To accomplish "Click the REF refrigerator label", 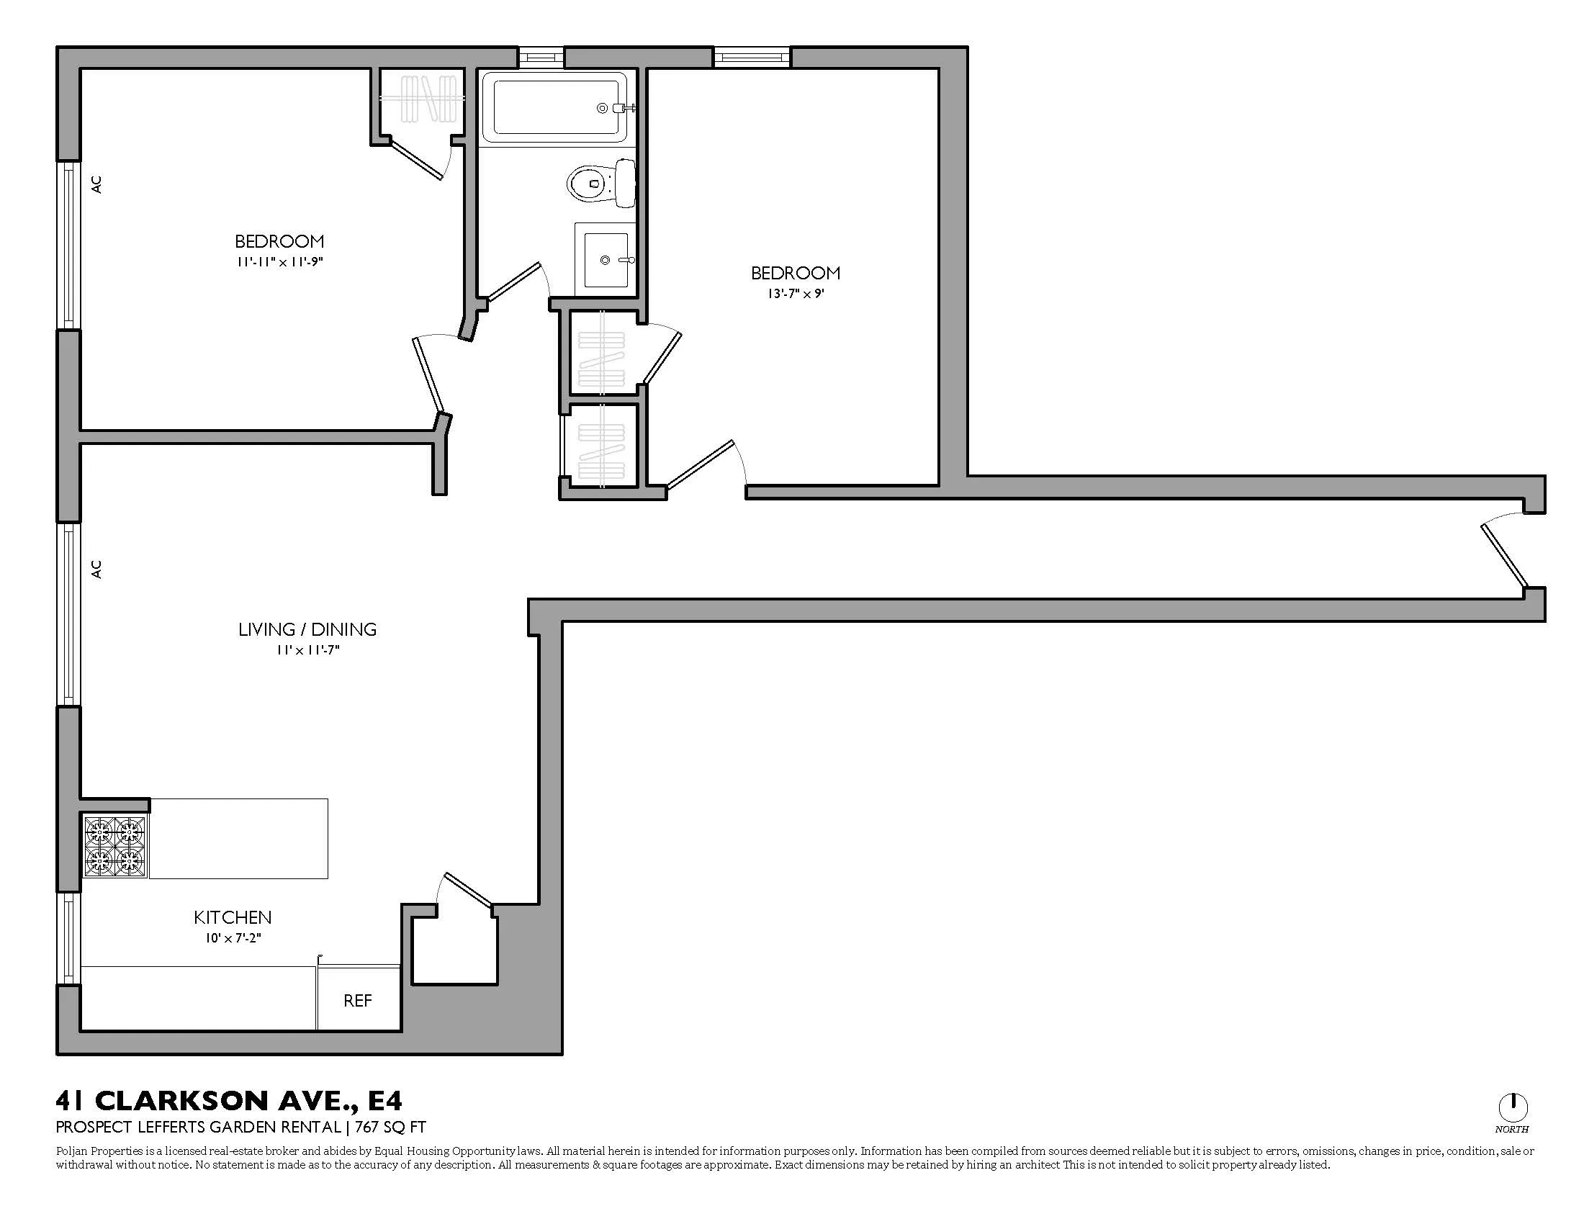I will click(x=358, y=1001).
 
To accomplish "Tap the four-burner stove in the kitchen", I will click(x=116, y=845).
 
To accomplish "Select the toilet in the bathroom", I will click(x=600, y=182).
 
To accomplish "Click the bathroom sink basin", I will click(x=606, y=260).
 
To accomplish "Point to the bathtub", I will click(x=559, y=108).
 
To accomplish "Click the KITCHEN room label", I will click(x=233, y=917).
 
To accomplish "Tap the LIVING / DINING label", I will click(x=307, y=629).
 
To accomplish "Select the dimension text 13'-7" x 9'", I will click(x=796, y=294).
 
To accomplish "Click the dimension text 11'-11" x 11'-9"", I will click(x=279, y=262).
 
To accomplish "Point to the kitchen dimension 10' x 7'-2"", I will click(x=233, y=938).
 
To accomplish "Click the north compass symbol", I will click(x=1512, y=1107).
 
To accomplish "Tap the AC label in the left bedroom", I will click(x=96, y=184).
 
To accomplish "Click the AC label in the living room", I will click(x=96, y=570).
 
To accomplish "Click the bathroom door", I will click(x=515, y=282).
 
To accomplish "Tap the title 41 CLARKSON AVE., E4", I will click(x=229, y=1101).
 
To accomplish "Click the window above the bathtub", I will click(x=541, y=58).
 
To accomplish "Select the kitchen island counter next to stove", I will click(x=238, y=838).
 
